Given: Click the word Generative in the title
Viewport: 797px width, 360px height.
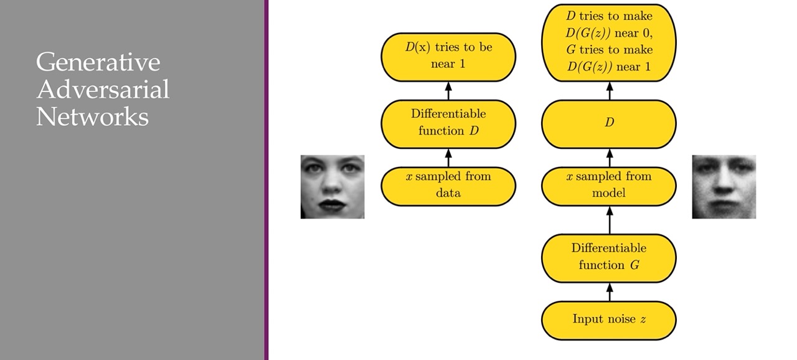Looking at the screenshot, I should coord(98,63).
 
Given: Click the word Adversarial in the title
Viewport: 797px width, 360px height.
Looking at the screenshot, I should coord(102,90).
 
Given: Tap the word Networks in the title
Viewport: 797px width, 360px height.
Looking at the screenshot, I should coord(92,116).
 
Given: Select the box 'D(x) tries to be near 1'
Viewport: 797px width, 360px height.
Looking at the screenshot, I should coord(448,56).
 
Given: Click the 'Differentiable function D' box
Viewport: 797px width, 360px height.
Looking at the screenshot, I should coord(448,123).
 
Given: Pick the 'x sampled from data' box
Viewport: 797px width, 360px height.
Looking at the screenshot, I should coord(448,185).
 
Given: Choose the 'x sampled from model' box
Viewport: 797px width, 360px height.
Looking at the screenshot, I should coord(608,185).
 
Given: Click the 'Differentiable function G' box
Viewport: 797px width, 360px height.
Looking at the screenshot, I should coord(608,257).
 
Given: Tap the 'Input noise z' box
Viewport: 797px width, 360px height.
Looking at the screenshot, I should coord(608,320).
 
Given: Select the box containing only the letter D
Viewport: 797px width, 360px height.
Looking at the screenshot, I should coord(608,123).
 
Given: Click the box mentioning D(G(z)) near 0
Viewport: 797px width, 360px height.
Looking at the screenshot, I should coord(608,42).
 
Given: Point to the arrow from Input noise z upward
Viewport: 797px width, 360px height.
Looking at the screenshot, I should coord(609,291).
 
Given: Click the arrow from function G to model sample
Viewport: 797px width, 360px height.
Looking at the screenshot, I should coord(609,220).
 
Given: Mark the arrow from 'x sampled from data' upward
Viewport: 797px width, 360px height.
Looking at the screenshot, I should coord(448,157).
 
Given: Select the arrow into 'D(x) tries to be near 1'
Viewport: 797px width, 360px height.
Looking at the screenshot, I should coord(448,91).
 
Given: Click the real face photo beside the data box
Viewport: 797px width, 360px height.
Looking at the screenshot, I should coord(332,186).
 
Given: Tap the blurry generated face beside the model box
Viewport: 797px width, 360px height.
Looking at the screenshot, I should coord(724,187).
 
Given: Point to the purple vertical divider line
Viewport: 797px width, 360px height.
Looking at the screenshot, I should coord(266,180).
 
